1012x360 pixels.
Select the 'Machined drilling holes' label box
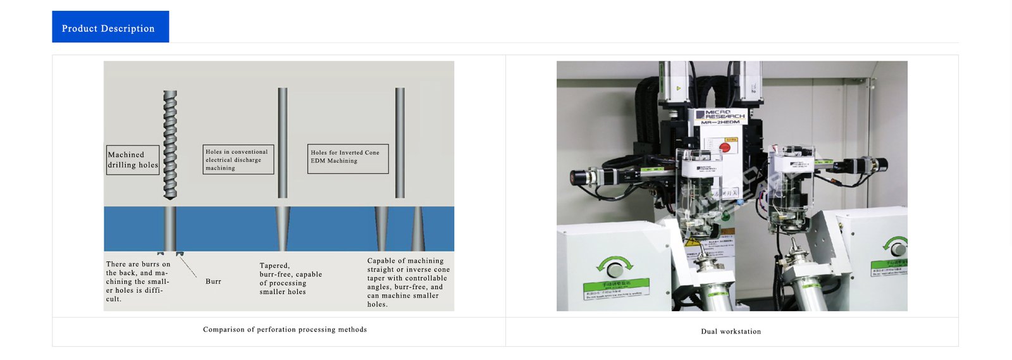click(133, 160)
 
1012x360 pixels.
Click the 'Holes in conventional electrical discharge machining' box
click(238, 159)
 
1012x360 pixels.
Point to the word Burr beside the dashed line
click(213, 282)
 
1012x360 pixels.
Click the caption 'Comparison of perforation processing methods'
click(285, 330)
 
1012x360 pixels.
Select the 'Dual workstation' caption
click(731, 332)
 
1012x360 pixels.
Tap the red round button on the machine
click(725, 147)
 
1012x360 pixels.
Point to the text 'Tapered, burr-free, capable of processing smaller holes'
click(290, 279)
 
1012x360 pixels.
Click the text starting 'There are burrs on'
click(138, 282)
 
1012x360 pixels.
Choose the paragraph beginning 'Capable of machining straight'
click(408, 282)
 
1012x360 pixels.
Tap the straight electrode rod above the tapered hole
click(283, 142)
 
